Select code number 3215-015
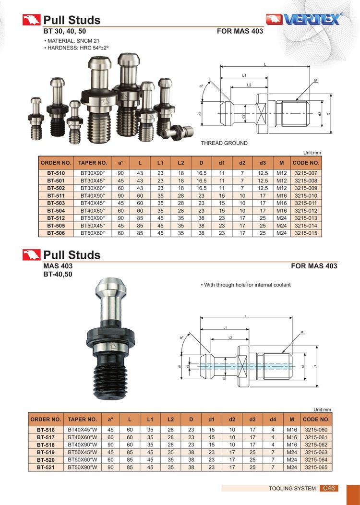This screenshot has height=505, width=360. pyautogui.click(x=306, y=233)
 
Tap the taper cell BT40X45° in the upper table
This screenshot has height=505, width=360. pyautogui.click(x=93, y=203)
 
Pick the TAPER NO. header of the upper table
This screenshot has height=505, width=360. pyautogui.click(x=93, y=163)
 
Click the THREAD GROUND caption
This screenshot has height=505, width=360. pyautogui.click(x=224, y=143)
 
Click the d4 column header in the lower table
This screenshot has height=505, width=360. pyautogui.click(x=273, y=420)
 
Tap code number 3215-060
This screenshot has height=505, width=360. pyautogui.click(x=316, y=430)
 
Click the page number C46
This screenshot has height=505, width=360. pyautogui.click(x=329, y=488)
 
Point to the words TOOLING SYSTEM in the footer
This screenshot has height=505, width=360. pyautogui.click(x=292, y=489)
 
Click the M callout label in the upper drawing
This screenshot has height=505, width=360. pyautogui.click(x=316, y=80)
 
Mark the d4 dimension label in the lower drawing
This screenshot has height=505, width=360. pyautogui.click(x=187, y=366)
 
